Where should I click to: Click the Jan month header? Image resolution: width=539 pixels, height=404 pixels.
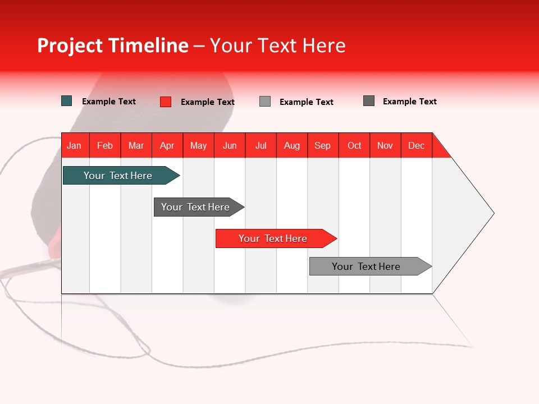pos(74,145)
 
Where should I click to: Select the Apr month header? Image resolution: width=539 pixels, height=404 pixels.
pos(167,145)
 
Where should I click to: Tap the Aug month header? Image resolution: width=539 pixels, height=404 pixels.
pos(291,145)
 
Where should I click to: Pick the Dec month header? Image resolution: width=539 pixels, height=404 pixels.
pos(416,145)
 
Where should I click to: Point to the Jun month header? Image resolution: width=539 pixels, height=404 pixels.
pos(230,145)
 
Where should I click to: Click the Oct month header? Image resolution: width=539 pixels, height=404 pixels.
pos(354,145)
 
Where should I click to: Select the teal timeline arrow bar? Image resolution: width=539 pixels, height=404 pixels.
pos(118,176)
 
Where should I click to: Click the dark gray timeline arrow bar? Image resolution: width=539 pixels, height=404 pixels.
pos(195,207)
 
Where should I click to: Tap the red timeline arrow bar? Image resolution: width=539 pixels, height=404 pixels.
pos(273,238)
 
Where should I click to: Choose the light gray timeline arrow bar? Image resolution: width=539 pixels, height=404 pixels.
pos(366,267)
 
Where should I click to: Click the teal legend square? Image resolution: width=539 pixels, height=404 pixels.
pos(67,101)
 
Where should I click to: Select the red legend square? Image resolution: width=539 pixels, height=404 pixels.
pos(166,102)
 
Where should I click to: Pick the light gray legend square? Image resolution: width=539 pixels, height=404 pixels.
pos(265,102)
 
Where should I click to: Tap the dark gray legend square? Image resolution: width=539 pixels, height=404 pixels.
pos(369,101)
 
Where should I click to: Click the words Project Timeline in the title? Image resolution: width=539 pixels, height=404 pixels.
pos(112,46)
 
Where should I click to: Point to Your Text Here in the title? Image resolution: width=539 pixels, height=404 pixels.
pos(277,46)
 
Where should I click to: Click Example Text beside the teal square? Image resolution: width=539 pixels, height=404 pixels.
pos(109,102)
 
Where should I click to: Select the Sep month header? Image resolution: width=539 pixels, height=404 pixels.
pos(322,145)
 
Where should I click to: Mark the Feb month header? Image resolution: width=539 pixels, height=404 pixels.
pos(105,145)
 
